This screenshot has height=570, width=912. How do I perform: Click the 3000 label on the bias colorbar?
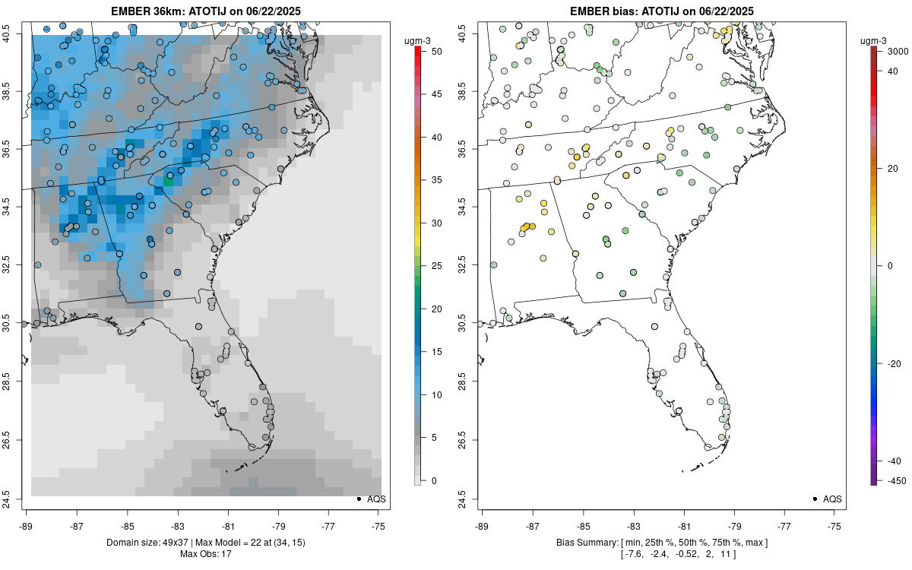point(893,51)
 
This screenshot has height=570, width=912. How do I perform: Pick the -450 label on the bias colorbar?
point(893,480)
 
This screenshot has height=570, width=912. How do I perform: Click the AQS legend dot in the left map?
point(358,499)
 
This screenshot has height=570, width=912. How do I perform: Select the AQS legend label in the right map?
point(833,499)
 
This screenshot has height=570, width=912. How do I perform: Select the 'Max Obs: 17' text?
point(206,554)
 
